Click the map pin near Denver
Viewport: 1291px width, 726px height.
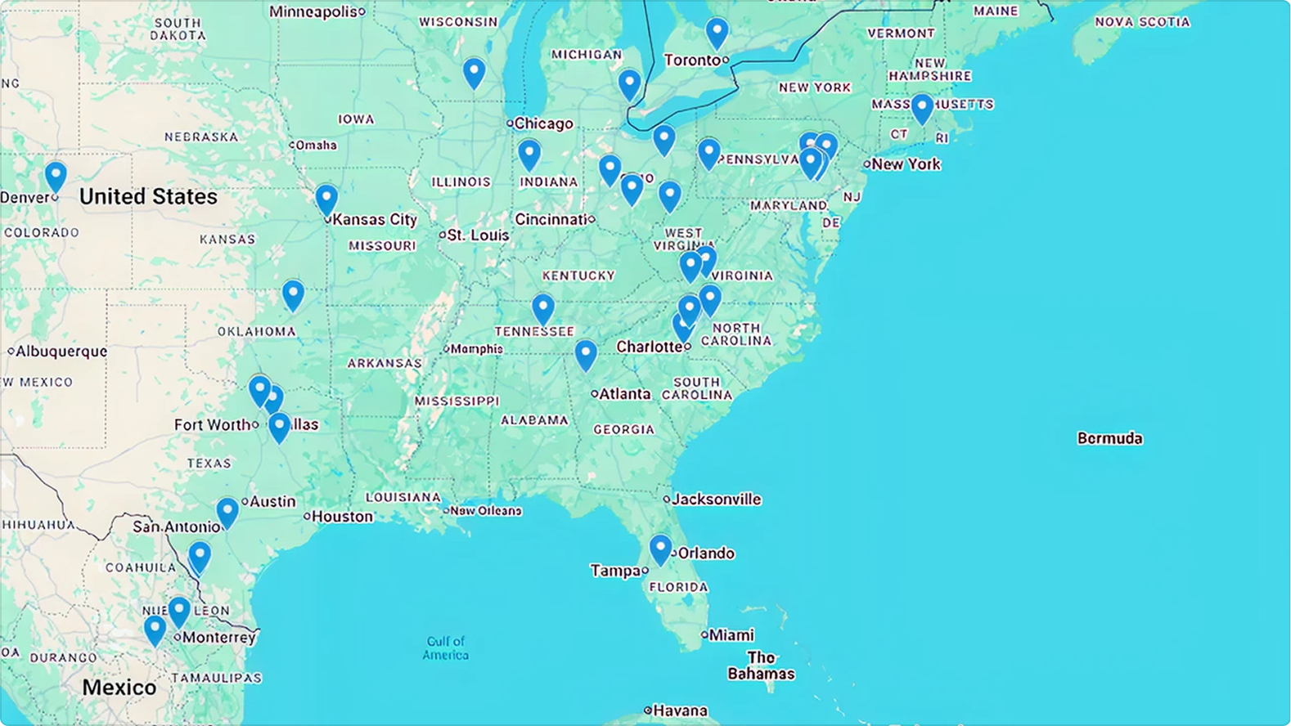pos(55,175)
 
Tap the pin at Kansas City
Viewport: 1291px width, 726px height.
pos(326,199)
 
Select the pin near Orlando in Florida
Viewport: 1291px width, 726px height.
pos(660,548)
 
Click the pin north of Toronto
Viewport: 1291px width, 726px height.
pos(717,32)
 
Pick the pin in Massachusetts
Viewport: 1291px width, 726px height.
pos(922,107)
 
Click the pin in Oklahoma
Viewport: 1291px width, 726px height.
pos(293,294)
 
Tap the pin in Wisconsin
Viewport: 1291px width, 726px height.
pos(474,72)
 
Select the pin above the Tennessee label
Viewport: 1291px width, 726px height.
pos(542,308)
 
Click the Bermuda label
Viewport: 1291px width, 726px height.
pos(1109,438)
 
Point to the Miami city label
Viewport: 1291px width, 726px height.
pos(731,635)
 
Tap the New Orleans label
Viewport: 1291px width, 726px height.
pos(486,511)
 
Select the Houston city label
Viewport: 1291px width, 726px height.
pos(342,517)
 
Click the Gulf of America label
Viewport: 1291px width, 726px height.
pos(446,648)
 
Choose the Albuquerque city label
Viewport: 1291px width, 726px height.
pos(61,352)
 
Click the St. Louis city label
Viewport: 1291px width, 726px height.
pos(478,235)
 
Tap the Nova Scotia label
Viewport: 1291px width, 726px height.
pos(1142,22)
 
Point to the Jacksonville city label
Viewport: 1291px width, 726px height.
pos(717,500)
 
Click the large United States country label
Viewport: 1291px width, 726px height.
pos(148,197)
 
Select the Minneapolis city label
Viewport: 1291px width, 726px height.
pos(314,11)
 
